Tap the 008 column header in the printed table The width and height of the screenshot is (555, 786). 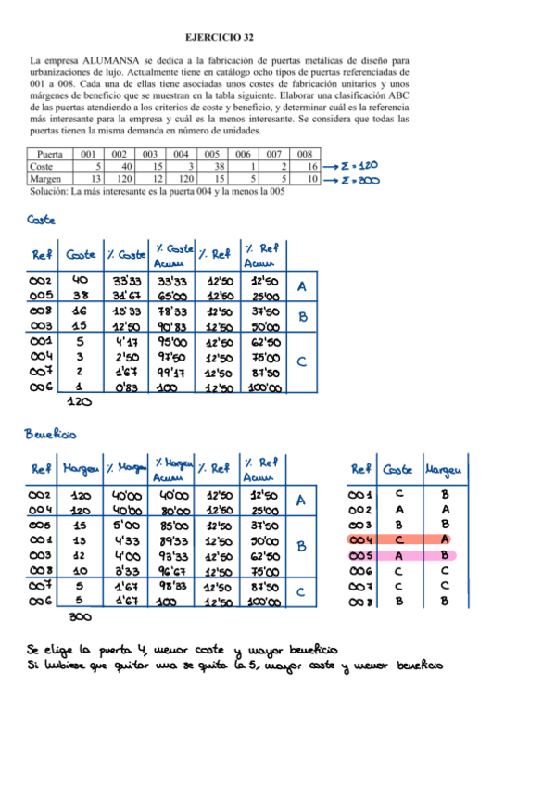(305, 154)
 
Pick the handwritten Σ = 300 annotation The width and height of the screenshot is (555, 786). (357, 180)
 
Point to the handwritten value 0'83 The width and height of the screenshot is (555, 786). (127, 387)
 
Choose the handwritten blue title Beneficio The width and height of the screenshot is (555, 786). (51, 434)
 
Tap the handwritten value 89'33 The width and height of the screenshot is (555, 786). (171, 540)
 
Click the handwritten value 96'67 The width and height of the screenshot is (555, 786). (171, 570)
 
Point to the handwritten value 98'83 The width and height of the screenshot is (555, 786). (171, 586)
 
